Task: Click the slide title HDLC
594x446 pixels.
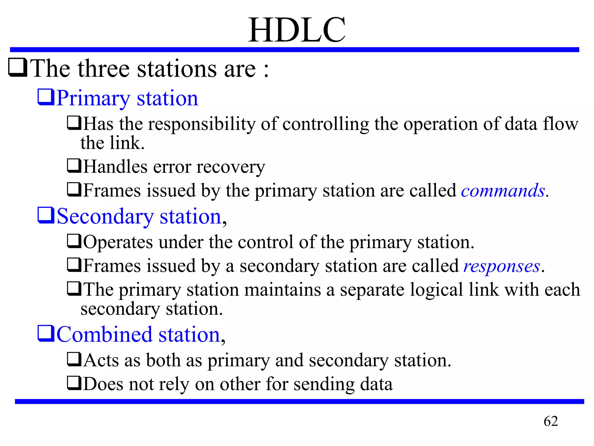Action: pyautogui.click(x=297, y=30)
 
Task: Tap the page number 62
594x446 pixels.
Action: pyautogui.click(x=550, y=421)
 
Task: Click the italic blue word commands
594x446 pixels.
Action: pyautogui.click(x=503, y=191)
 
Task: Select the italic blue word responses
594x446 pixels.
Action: pyautogui.click(x=502, y=266)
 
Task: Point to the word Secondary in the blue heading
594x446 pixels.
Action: pyautogui.click(x=105, y=217)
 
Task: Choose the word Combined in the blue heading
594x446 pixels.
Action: pyautogui.click(x=104, y=334)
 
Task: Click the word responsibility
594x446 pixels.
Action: pyautogui.click(x=202, y=125)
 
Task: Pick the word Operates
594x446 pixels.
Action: pyautogui.click(x=118, y=242)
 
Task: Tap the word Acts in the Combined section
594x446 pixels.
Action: pyautogui.click(x=101, y=360)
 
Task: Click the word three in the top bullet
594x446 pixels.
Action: pyautogui.click(x=104, y=69)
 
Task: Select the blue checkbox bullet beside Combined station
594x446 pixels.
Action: pyautogui.click(x=46, y=333)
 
